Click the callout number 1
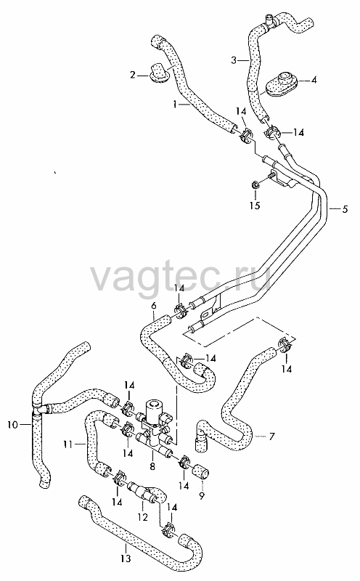175,105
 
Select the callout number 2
133,76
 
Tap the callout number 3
233,60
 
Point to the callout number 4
314,80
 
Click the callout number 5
345,209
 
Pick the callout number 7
272,437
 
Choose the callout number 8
152,466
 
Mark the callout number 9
202,495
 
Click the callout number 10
12,425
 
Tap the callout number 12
142,517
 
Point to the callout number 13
126,558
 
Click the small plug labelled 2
158,73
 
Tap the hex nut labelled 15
255,184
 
